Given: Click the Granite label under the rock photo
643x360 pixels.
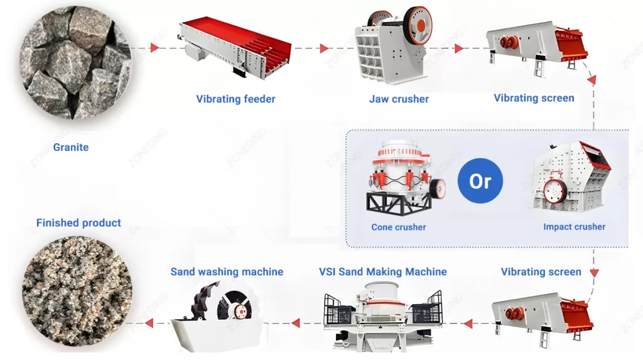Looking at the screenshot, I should (x=71, y=148).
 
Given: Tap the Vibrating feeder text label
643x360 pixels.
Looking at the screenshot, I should (x=235, y=99).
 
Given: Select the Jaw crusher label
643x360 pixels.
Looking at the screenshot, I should (x=399, y=99).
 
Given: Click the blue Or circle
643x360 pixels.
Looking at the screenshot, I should (x=480, y=182).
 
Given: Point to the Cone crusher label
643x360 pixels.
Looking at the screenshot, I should (x=399, y=227).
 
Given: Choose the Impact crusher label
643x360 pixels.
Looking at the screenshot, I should (x=574, y=227).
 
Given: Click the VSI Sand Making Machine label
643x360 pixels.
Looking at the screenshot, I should (x=382, y=272).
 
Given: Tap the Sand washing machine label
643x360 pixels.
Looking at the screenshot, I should (x=227, y=272).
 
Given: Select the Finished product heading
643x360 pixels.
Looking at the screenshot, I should (x=78, y=223).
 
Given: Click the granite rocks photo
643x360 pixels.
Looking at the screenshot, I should (x=73, y=63).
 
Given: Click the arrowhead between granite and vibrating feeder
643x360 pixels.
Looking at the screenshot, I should (x=154, y=48).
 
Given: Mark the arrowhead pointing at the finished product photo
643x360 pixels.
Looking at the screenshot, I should (x=149, y=324).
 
